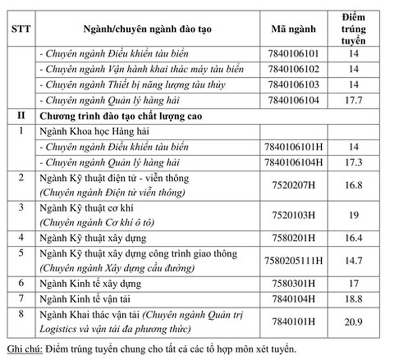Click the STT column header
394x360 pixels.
[x=21, y=29]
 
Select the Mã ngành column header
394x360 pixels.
[x=293, y=29]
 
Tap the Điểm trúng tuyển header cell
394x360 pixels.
[x=353, y=29]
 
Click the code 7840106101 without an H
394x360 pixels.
[x=293, y=54]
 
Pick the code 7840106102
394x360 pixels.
[x=293, y=69]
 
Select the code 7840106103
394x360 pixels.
[x=293, y=84]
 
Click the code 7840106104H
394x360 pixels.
[x=293, y=162]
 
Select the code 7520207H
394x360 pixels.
[x=293, y=185]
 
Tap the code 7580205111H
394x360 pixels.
[x=293, y=261]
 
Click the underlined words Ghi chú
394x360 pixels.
[x=24, y=349]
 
